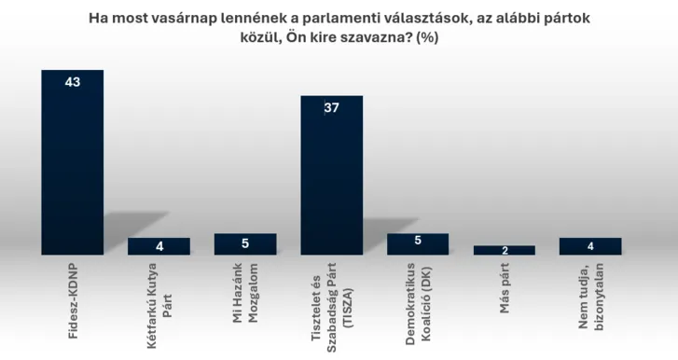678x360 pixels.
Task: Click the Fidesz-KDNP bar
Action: point(72,163)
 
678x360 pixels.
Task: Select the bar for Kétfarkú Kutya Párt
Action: point(159,246)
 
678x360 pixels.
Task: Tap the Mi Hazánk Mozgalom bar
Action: point(245,244)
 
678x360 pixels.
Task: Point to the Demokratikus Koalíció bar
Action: point(418,244)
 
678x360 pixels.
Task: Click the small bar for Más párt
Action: point(505,250)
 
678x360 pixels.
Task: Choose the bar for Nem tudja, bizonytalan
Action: point(590,246)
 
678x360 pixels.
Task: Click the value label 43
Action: point(72,82)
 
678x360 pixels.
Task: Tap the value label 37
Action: point(331,108)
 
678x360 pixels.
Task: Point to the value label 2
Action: point(505,251)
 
